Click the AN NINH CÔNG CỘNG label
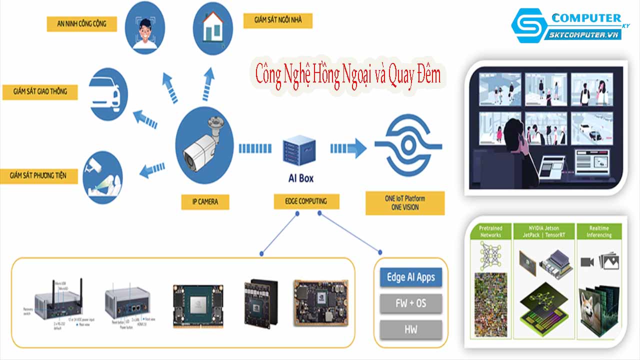[x=81, y=23]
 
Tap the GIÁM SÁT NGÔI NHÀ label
[x=277, y=20]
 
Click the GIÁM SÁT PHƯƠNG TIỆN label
[x=39, y=176]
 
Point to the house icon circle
[x=213, y=29]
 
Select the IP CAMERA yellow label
[x=205, y=202]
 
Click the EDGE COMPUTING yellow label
[x=306, y=201]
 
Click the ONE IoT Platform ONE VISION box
[x=405, y=202]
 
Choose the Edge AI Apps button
[x=410, y=277]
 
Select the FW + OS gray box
[x=410, y=303]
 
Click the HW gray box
[x=410, y=329]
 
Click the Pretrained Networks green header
[x=490, y=231]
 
